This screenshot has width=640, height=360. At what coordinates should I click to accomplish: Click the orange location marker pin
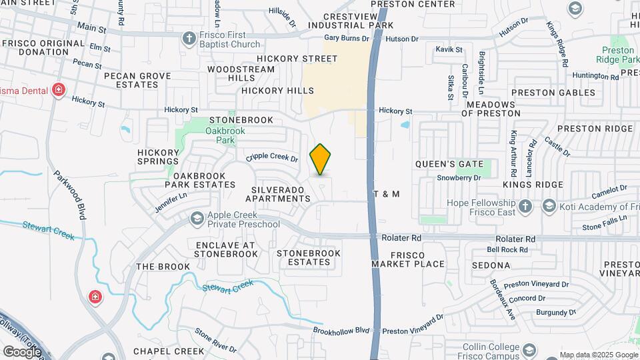pyautogui.click(x=321, y=159)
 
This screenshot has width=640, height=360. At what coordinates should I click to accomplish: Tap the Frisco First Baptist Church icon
pyautogui.click(x=189, y=37)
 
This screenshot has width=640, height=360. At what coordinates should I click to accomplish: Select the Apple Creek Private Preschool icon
pyautogui.click(x=197, y=219)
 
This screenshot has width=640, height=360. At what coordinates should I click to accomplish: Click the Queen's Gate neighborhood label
pyautogui.click(x=443, y=163)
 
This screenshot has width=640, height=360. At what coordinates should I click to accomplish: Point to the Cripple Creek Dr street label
pyautogui.click(x=271, y=158)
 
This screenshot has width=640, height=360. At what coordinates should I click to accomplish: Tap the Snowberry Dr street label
pyautogui.click(x=459, y=178)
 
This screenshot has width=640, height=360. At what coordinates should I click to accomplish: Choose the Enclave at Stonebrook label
pyautogui.click(x=225, y=249)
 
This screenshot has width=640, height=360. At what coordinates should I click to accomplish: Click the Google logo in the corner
pyautogui.click(x=22, y=351)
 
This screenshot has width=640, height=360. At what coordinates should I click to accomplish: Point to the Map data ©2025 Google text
pyautogui.click(x=598, y=355)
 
